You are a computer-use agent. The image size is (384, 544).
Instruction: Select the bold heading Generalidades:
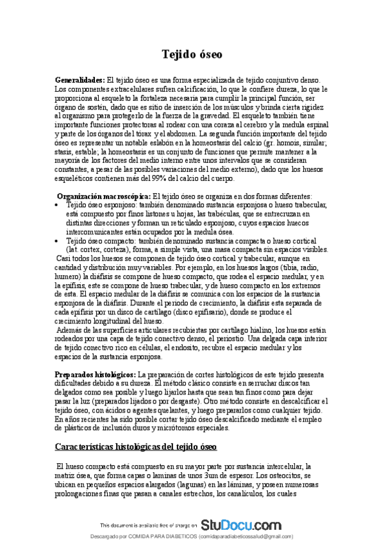pyautogui.click(x=80, y=78)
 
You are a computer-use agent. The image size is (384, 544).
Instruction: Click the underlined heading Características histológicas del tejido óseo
pyautogui.click(x=136, y=427)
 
